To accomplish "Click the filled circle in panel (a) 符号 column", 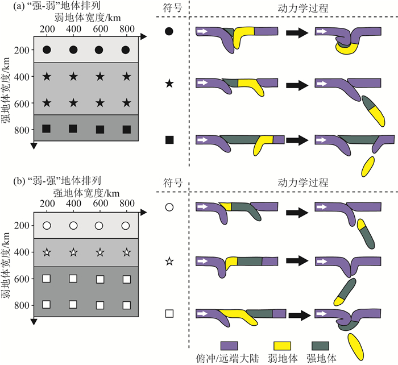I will (169, 32).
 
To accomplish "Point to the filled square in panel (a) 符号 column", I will (169, 139).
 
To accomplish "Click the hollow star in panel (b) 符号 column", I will (169, 262).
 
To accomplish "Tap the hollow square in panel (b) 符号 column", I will (169, 313).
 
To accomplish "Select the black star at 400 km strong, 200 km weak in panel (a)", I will (47, 76).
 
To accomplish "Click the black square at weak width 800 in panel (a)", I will (126, 129).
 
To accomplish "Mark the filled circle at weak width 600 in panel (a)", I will (100, 50).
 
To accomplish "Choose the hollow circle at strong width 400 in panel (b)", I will (73, 226).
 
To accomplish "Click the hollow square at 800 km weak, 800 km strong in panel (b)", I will (126, 304).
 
